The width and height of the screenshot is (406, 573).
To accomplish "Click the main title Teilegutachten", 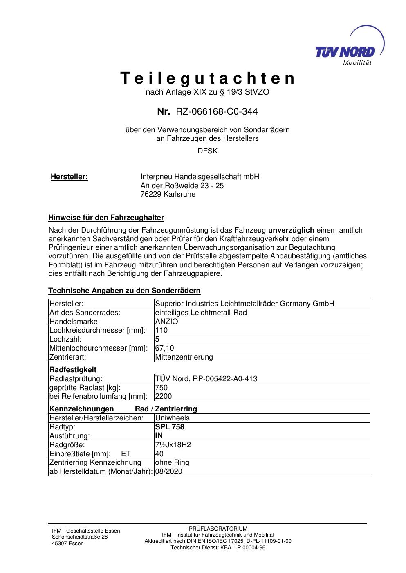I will point(207,78).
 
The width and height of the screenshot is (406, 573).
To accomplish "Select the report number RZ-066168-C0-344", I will point(216,111).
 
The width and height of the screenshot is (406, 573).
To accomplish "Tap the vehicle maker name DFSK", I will point(207,151).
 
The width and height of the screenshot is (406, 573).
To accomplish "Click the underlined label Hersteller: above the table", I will point(69,177).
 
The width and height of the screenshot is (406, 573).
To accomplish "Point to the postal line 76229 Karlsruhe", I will point(168,194).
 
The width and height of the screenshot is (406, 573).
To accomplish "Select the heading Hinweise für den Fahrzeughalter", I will point(106,217).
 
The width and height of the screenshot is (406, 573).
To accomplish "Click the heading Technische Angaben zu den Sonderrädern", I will point(124,291).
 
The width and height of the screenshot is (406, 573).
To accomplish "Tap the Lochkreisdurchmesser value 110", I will point(162,330).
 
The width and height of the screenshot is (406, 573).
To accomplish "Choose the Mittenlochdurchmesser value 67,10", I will point(165,348).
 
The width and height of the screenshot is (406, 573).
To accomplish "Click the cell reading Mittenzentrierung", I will point(184,357).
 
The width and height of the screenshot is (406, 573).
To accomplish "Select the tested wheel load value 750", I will point(162,388).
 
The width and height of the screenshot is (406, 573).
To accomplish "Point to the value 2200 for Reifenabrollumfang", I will point(164,396).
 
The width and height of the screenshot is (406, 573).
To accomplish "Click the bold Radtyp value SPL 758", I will point(170,427).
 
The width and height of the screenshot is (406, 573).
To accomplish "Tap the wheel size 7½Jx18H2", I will point(173,444).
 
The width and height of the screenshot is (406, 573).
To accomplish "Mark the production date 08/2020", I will point(168,471).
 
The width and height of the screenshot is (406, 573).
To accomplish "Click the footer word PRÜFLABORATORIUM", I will point(218,529).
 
